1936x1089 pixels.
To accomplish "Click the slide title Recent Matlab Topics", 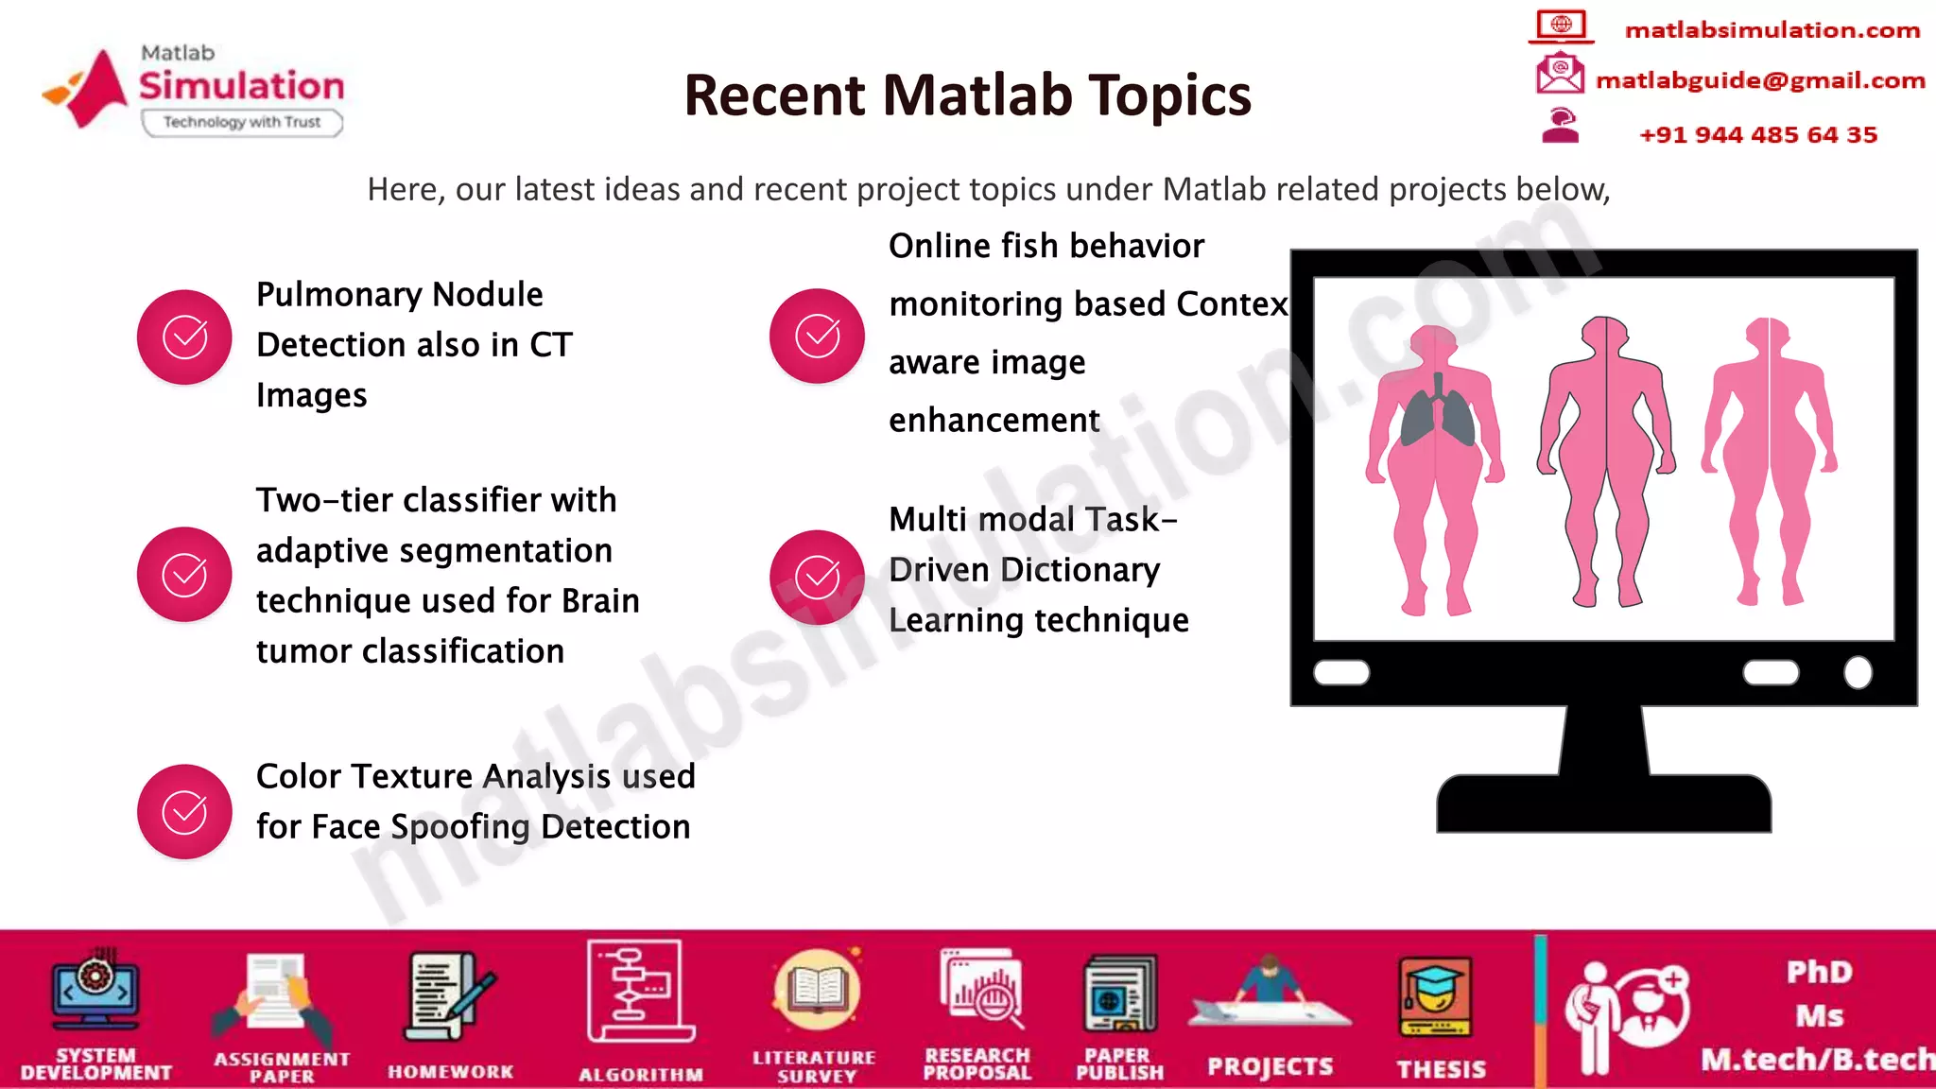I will (x=967, y=95).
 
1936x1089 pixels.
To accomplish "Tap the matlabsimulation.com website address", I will (x=1772, y=30).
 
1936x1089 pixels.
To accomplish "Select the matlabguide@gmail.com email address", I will (x=1760, y=80).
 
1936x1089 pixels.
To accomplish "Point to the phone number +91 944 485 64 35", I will (x=1758, y=135).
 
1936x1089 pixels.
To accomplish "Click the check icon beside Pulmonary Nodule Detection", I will (x=184, y=337).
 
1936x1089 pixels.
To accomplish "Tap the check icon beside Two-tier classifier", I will (x=184, y=574).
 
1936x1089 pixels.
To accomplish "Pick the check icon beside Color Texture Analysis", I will (x=184, y=811).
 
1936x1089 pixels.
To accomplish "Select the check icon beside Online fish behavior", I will (x=817, y=337).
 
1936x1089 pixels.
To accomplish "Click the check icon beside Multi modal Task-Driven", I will (x=817, y=577).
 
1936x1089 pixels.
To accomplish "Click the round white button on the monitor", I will (x=1858, y=672).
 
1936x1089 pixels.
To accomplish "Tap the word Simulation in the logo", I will (x=242, y=86).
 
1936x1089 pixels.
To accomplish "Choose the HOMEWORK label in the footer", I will (x=451, y=1072).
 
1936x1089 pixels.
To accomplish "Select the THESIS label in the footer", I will (x=1442, y=1069).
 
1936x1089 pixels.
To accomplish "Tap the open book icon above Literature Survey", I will (x=816, y=990).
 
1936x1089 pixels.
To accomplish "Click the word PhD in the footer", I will (x=1819, y=972).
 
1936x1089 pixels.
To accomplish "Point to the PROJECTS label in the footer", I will (x=1270, y=1067).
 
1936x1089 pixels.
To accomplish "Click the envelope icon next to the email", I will (x=1560, y=74).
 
